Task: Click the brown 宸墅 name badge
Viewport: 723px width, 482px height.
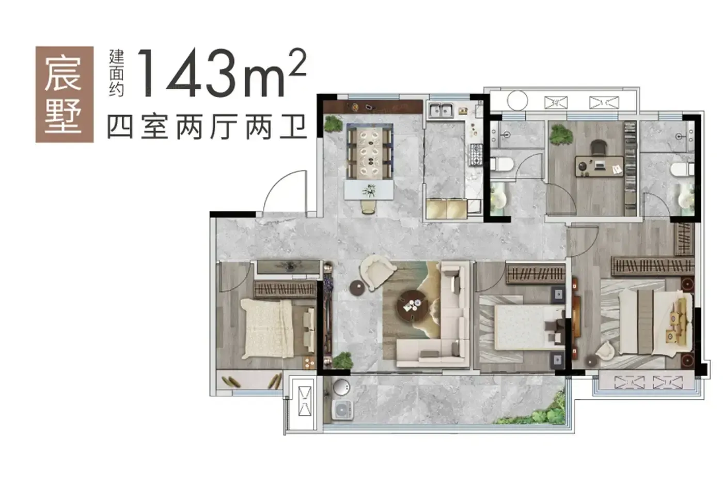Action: pos(65,94)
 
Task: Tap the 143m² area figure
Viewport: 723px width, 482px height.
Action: pos(222,73)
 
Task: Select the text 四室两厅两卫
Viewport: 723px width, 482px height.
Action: pos(207,127)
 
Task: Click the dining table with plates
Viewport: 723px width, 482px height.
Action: pos(370,151)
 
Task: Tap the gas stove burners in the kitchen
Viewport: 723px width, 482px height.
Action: pos(476,155)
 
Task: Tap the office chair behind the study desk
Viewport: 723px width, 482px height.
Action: pos(599,148)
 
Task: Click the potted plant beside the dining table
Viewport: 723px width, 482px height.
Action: pos(334,124)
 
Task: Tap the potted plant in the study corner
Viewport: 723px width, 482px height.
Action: pos(561,135)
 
